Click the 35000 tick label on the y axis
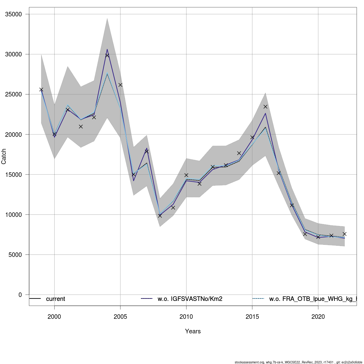tap(14, 14)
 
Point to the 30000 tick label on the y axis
tap(14, 54)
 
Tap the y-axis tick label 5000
tap(15, 255)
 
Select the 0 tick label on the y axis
tap(20, 295)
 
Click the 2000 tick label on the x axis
tap(54, 317)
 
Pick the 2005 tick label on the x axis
tap(120, 317)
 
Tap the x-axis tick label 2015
tap(252, 317)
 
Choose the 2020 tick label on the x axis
tap(318, 317)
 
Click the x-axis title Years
tap(193, 331)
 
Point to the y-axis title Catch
tap(4, 157)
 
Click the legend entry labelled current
tap(56, 299)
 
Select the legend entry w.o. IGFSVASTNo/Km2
tap(190, 299)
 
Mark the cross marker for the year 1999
tap(41, 89)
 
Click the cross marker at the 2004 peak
tap(107, 55)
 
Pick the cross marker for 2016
tap(265, 106)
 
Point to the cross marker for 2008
tap(160, 216)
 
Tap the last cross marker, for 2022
tap(345, 234)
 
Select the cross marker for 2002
tap(81, 126)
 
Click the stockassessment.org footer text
tap(299, 362)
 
